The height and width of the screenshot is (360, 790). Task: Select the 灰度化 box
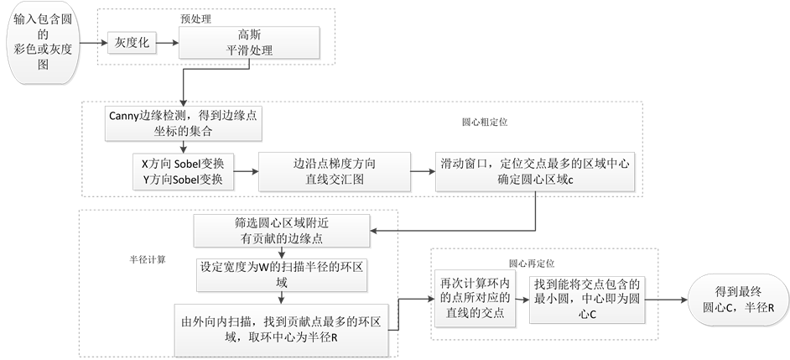pyautogui.click(x=131, y=42)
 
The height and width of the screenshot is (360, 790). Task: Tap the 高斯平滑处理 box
pyautogui.click(x=249, y=42)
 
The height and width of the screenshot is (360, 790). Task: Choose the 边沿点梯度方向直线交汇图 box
pyautogui.click(x=333, y=172)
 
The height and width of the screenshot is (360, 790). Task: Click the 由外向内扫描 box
pyautogui.click(x=283, y=328)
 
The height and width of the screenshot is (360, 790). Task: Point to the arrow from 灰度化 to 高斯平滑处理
pyautogui.click(x=168, y=42)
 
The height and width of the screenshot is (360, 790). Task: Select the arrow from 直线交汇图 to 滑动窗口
pyautogui.click(x=421, y=173)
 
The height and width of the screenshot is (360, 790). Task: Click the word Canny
pyautogui.click(x=126, y=115)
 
